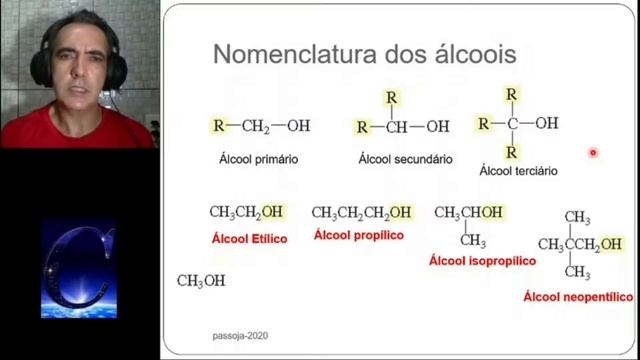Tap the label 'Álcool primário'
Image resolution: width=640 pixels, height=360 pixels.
tap(258, 159)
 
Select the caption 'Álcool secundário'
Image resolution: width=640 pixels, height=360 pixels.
tap(405, 159)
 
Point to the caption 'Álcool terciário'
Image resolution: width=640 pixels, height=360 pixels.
tap(518, 171)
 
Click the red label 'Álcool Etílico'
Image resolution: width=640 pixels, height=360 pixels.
tap(249, 239)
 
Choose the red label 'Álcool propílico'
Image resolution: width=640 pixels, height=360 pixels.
tap(358, 235)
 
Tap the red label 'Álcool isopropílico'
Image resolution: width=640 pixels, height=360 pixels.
tap(482, 260)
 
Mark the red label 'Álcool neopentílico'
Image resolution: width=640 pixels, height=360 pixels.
tap(578, 297)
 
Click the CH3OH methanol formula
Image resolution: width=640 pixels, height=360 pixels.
tap(201, 281)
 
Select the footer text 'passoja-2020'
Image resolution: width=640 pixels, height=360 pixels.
tap(240, 336)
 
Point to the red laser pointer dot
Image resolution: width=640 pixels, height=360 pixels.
tap(593, 153)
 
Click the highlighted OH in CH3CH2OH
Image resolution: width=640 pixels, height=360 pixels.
tap(272, 212)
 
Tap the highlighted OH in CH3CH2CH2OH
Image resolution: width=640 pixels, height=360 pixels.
tap(400, 213)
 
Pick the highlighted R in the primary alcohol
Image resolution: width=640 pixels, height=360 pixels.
tap(218, 126)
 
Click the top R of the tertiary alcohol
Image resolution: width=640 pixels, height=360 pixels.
tap(511, 94)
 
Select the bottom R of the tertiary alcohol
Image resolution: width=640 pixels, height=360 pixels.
tap(511, 153)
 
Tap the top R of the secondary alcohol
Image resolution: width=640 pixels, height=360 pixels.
tap(391, 99)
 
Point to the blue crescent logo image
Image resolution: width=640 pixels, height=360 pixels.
tap(78, 269)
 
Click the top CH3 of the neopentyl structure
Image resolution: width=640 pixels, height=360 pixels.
tap(577, 217)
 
